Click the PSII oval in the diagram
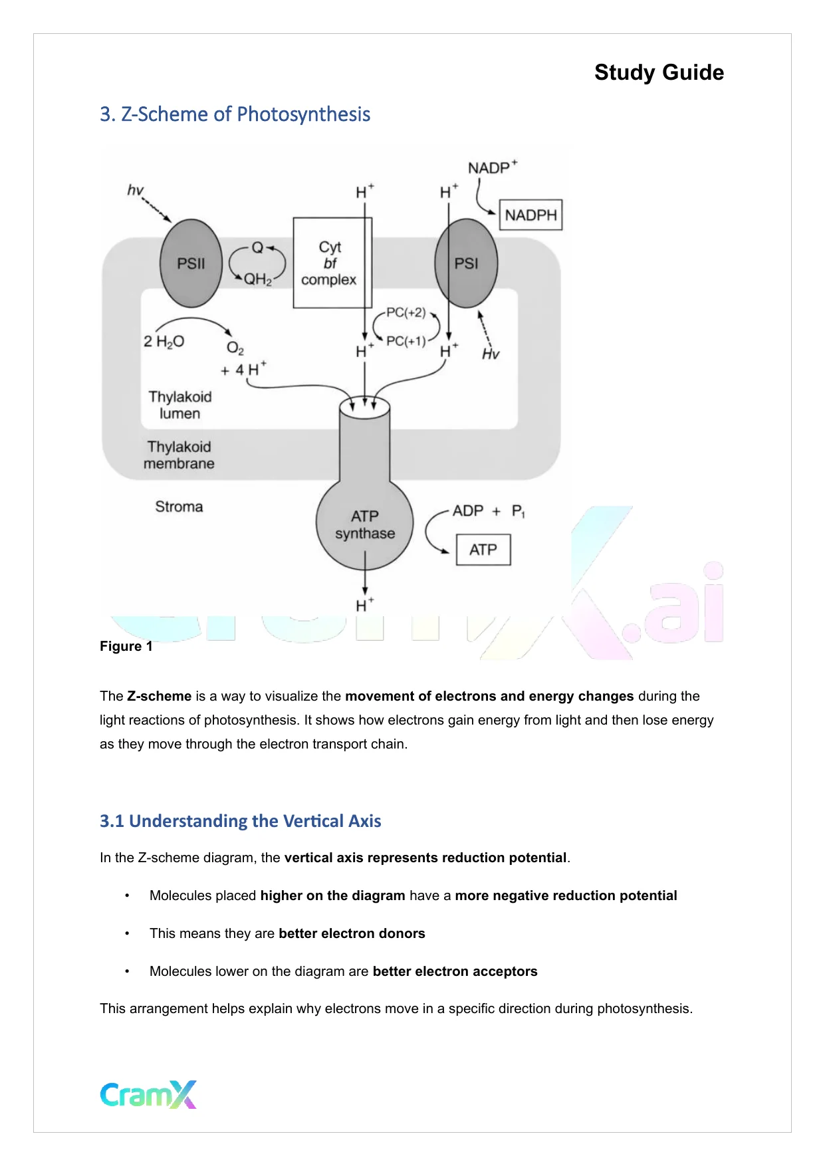tap(191, 263)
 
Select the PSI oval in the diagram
tap(466, 263)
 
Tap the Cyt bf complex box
tap(330, 263)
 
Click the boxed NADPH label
tap(530, 215)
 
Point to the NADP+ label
tap(492, 168)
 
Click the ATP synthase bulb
tap(364, 525)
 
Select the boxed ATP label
tap(483, 550)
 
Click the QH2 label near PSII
tap(258, 279)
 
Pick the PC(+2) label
tap(406, 312)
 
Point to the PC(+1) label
tap(406, 341)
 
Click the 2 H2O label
tap(164, 342)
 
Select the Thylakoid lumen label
tap(179, 405)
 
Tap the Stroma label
tap(179, 507)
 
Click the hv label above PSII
tap(135, 190)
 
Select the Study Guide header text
tap(658, 72)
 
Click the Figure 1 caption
tap(126, 646)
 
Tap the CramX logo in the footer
tap(148, 1094)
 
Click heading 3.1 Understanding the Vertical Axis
tap(240, 821)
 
